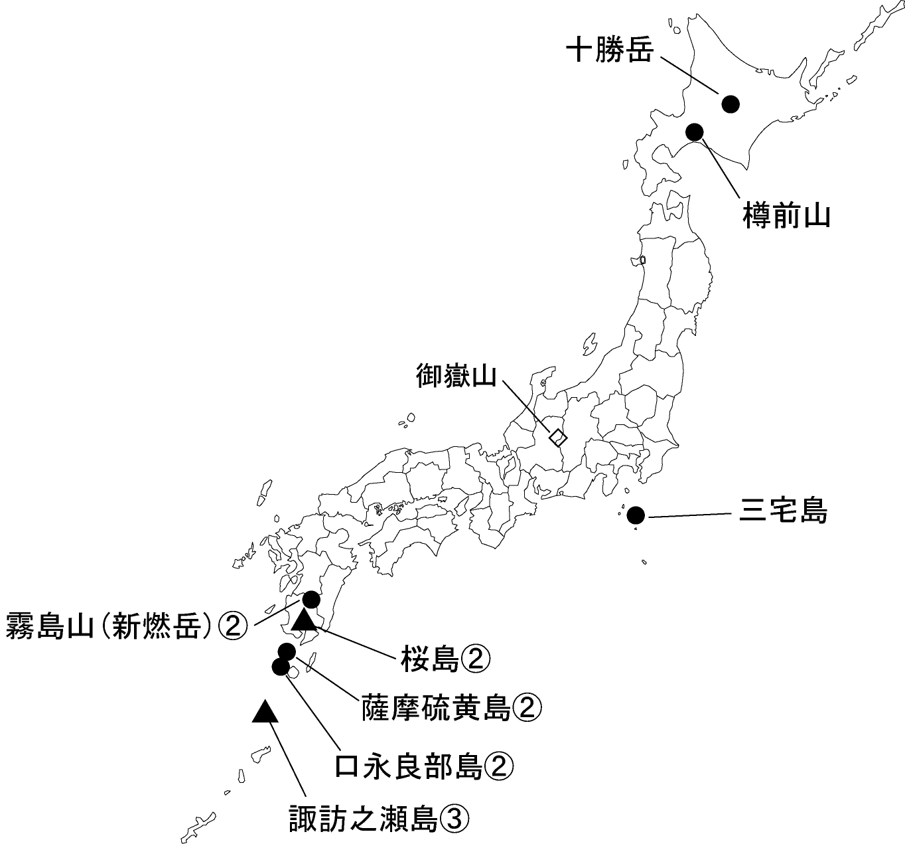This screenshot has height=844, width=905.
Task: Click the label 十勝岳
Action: click(x=609, y=51)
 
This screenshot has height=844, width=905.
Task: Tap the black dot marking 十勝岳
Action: click(x=731, y=103)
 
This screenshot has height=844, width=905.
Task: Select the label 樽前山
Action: click(x=787, y=216)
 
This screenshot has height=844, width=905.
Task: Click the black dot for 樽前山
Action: click(x=695, y=131)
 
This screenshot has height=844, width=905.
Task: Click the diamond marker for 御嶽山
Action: click(x=558, y=437)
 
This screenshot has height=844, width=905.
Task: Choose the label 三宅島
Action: click(x=784, y=512)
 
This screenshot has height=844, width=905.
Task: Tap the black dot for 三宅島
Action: click(x=636, y=515)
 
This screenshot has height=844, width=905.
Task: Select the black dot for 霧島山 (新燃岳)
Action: click(x=311, y=600)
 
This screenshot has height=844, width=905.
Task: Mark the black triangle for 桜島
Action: click(x=305, y=620)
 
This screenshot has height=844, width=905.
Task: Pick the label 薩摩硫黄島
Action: click(x=436, y=709)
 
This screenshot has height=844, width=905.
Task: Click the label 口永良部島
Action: click(x=408, y=766)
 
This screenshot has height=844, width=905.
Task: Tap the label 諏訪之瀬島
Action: click(x=364, y=819)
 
